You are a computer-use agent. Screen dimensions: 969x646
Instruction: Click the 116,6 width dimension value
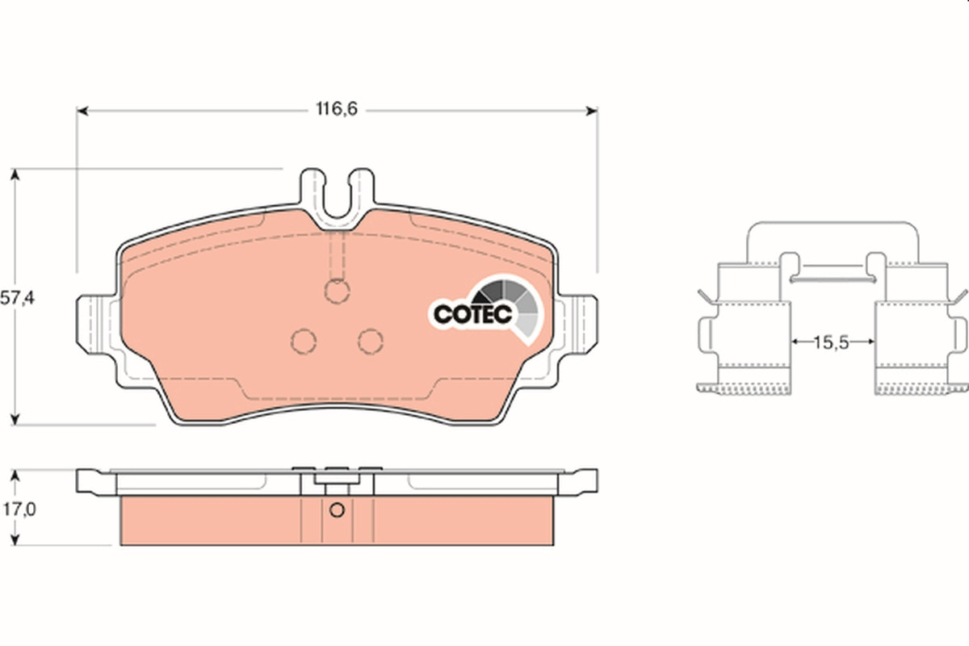[x=337, y=109]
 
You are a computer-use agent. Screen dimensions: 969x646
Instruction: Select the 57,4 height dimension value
[x=17, y=298]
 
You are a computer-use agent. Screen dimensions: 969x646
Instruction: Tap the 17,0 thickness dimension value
[x=20, y=510]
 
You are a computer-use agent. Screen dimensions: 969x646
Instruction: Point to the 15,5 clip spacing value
[x=831, y=342]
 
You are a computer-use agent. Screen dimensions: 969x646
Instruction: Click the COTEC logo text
[x=473, y=314]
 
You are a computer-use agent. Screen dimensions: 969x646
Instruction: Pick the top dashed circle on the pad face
[x=337, y=292]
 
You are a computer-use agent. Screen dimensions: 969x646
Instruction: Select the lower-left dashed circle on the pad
[x=304, y=341]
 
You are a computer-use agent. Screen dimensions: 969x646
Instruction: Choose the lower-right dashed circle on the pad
[x=371, y=341]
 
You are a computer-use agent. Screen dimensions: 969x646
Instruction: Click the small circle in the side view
[x=337, y=510]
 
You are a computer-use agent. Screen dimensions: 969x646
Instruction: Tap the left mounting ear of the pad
[x=96, y=325]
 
